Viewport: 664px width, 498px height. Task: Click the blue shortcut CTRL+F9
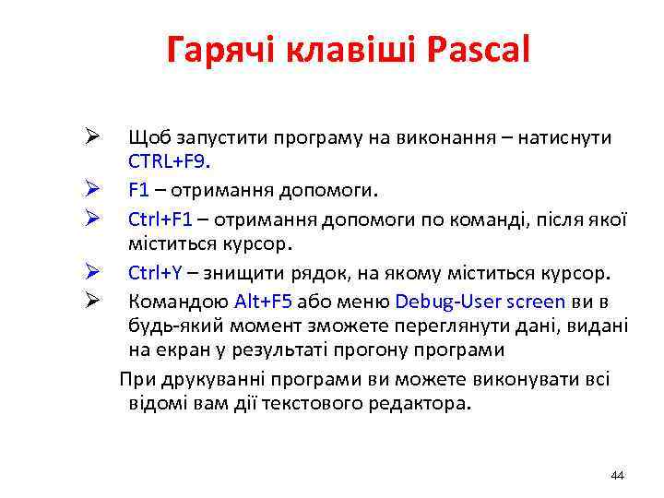coord(169,162)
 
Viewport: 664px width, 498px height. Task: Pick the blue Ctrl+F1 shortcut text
coord(160,219)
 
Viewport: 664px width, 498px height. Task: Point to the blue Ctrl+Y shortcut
coord(155,274)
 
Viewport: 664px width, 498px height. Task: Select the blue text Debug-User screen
coord(480,302)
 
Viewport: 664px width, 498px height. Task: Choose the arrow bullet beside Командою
coord(91,301)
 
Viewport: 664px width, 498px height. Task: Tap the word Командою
coord(178,302)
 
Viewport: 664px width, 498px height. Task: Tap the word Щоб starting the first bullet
coord(146,137)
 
